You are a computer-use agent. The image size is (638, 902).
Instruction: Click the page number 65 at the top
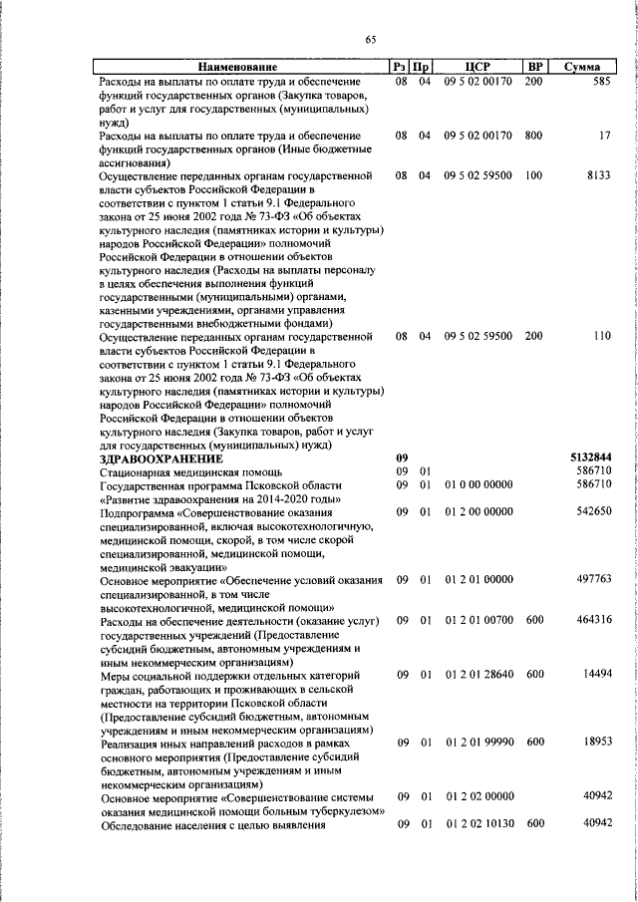(x=370, y=40)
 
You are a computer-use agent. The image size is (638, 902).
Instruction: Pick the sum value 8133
(x=597, y=174)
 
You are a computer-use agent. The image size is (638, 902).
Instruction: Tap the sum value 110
(x=600, y=336)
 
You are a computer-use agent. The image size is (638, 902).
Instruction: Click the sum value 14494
(x=595, y=675)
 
